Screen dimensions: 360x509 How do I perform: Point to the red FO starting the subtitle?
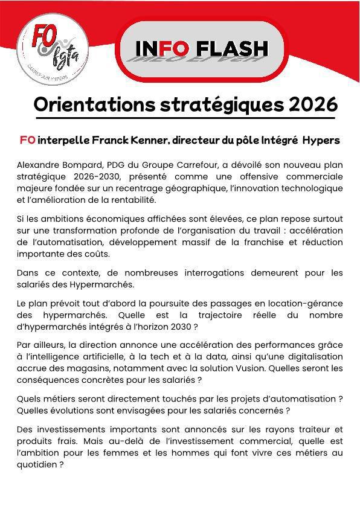click(x=27, y=140)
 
